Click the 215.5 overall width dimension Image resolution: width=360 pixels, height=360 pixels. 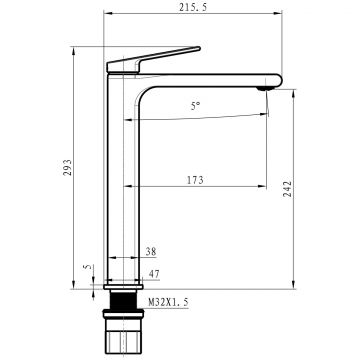point(193,7)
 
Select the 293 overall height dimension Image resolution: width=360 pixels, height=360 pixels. point(68,167)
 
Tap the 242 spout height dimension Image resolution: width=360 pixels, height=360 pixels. point(288,189)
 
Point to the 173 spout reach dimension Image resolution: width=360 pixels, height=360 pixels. point(195,180)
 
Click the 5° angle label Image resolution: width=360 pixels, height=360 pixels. point(196,106)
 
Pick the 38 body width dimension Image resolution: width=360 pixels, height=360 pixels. point(151,252)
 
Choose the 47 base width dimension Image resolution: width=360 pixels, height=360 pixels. point(154,274)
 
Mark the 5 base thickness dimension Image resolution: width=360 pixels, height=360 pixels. point(88,267)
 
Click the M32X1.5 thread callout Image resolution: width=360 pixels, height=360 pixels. point(168,302)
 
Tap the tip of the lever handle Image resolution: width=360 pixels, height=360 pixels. point(199,48)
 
